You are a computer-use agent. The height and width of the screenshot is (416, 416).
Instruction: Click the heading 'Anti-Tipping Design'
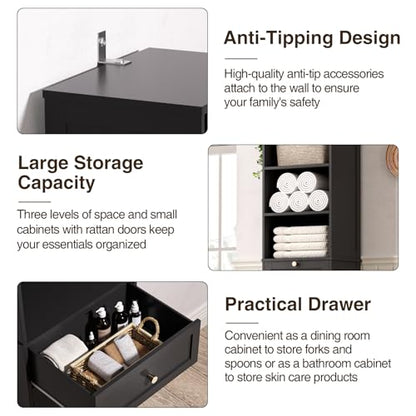tap(312, 38)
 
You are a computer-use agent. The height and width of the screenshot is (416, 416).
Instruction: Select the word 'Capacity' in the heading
tap(56, 183)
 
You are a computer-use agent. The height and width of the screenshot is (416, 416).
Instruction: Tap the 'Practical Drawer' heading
tap(298, 304)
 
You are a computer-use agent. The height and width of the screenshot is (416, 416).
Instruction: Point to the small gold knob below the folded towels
tap(294, 264)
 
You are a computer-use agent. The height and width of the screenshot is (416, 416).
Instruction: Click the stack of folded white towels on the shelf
tap(300, 242)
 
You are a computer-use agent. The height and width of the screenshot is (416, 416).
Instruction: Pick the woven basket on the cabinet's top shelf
tap(301, 155)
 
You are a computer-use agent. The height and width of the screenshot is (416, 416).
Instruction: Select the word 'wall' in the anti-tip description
tap(299, 88)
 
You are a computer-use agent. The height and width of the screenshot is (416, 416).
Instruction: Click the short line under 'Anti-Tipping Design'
tap(241, 59)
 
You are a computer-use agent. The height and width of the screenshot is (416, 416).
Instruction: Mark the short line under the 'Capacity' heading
tap(34, 202)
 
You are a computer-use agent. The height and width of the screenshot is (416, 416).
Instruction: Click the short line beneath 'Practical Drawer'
tap(242, 323)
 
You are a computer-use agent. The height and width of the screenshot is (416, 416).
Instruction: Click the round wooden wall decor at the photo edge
tap(393, 161)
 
